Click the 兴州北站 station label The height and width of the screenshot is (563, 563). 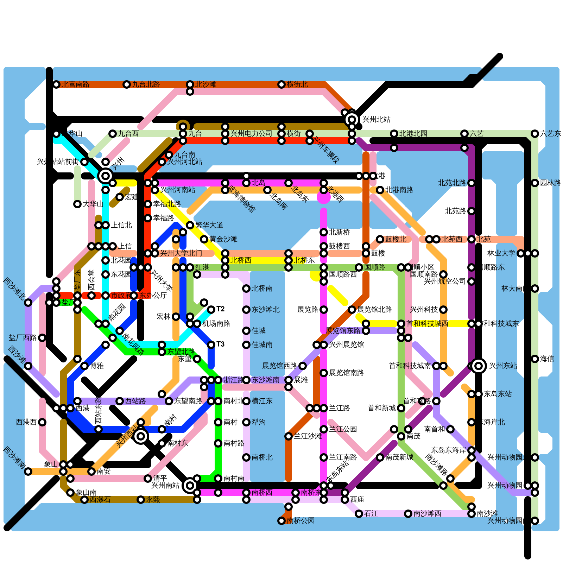point(376,120)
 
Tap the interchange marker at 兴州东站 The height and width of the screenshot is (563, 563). point(479,366)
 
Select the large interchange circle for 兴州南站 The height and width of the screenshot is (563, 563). point(190,486)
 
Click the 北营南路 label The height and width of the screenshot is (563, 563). point(75,84)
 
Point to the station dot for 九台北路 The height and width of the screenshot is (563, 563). point(127,84)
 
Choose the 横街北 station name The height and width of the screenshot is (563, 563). point(297,84)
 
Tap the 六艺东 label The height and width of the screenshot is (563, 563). point(550,134)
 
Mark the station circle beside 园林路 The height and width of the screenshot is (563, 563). point(535,183)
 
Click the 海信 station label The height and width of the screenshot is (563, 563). point(547,359)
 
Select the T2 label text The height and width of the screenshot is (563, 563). point(220,309)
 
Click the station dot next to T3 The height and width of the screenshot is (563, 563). point(211,345)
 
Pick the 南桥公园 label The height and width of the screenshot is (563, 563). point(301,521)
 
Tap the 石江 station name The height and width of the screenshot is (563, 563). point(371,514)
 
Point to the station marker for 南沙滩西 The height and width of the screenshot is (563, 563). point(408,514)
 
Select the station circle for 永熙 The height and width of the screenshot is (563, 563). point(141,500)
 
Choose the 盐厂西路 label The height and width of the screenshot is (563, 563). point(23,338)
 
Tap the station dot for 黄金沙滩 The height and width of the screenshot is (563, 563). point(204,239)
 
